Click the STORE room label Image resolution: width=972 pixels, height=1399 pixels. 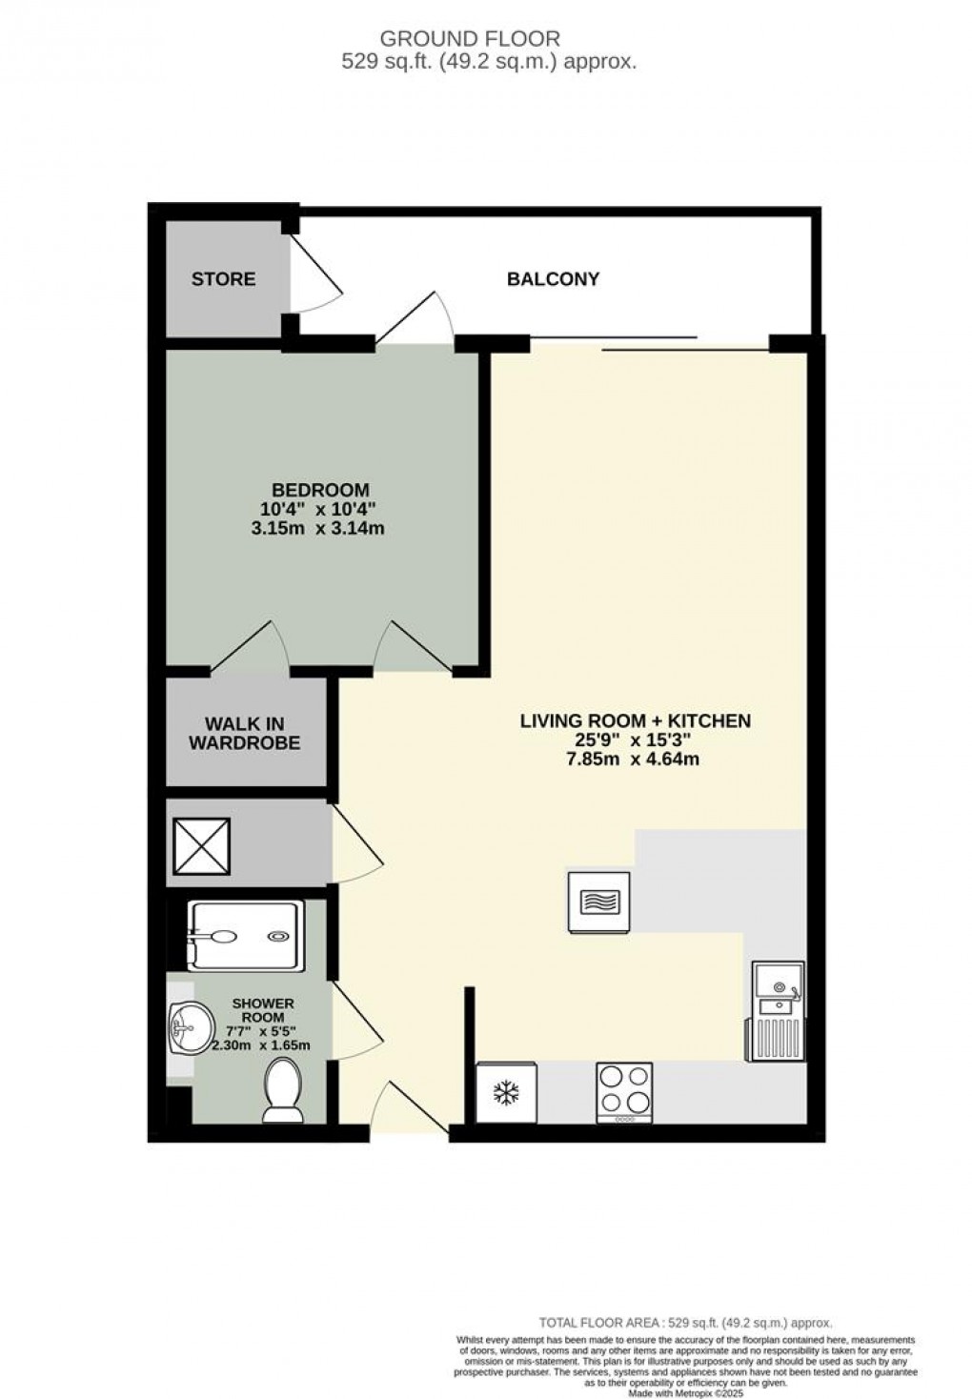point(223,279)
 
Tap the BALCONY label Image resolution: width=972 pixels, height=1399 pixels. point(553,279)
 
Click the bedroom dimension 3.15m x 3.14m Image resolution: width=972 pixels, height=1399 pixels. point(318,527)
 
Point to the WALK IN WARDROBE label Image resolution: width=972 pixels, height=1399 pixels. point(244,734)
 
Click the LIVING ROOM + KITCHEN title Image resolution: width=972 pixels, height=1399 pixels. point(635,720)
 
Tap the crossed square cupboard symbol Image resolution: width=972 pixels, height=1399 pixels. point(201,845)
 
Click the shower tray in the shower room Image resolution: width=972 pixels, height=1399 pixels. point(247,936)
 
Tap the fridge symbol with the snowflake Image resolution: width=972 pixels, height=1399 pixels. point(506,1093)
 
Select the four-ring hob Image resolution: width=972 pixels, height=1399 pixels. point(624,1092)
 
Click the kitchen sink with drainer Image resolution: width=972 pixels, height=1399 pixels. point(778,1010)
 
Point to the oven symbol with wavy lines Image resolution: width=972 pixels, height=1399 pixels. point(598,901)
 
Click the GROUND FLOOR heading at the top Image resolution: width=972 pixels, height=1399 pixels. point(471,39)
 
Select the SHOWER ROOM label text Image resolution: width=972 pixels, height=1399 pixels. point(262,1010)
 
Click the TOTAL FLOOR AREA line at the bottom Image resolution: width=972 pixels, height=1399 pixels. point(685,1323)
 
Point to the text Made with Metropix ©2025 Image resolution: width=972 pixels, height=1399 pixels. point(685,1390)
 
